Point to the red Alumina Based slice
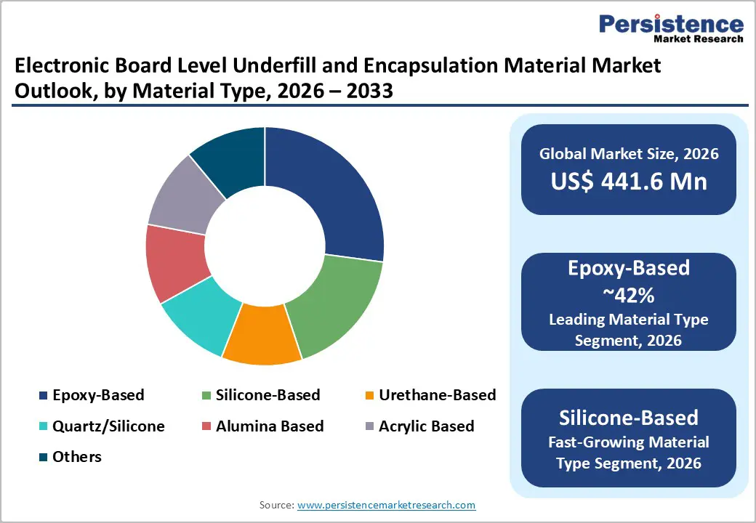coord(174,261)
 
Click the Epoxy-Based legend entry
coord(98,395)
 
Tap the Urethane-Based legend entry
coord(437,395)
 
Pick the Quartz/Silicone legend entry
coord(108,426)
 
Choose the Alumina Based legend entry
coord(269,426)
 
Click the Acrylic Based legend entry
coord(426,426)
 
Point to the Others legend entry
coord(76,457)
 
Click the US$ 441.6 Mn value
coord(629,181)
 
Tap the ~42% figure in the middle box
coord(629,294)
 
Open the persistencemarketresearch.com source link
coord(386,505)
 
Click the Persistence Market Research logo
coord(671,29)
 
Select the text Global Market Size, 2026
coord(629,154)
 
